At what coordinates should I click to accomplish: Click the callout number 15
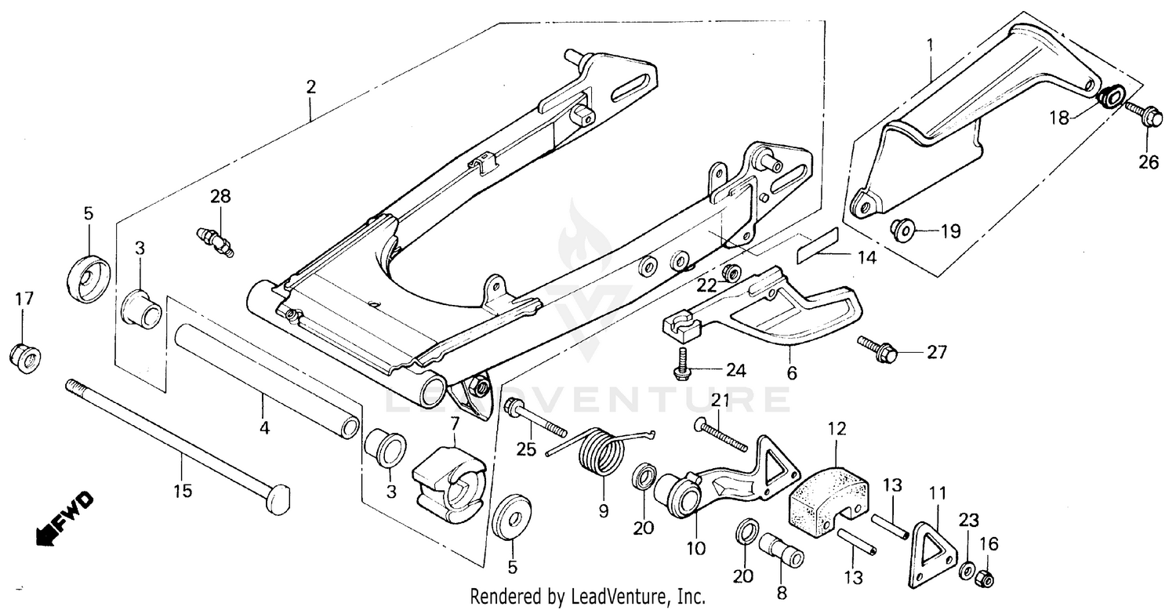pos(181,492)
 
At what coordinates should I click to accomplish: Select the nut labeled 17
pos(25,358)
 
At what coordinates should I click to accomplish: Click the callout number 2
pos(311,87)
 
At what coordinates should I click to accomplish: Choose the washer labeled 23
pos(967,568)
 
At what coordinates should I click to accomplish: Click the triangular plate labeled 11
pos(932,547)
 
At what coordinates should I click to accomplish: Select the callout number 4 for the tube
pos(264,428)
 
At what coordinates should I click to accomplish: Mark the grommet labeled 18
pos(1109,99)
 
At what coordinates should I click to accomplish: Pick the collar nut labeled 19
pos(902,230)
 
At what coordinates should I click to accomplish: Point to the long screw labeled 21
pos(720,436)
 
